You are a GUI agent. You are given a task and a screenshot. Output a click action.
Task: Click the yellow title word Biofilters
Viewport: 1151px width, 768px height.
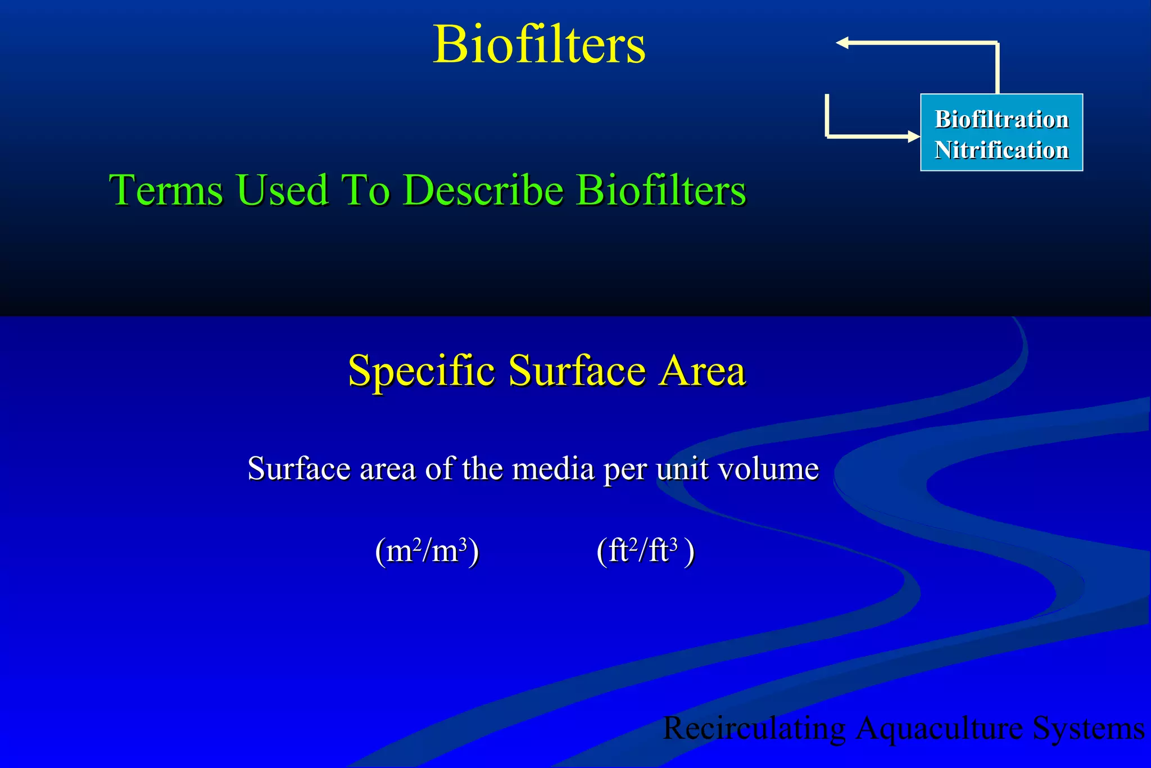539,44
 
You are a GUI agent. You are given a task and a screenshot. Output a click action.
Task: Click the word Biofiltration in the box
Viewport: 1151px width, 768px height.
1002,119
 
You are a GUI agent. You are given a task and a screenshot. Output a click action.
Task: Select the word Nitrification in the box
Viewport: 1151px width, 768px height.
1002,150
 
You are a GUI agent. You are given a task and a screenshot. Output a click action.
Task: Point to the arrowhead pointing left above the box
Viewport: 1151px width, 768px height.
842,43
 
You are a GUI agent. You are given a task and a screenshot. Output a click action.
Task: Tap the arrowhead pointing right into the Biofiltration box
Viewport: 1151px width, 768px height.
913,136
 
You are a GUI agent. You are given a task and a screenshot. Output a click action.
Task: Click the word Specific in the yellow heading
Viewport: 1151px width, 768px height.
422,372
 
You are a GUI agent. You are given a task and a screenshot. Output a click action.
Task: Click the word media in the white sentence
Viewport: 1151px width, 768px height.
553,468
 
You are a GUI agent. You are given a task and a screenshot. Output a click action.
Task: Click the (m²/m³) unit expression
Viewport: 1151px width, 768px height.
427,551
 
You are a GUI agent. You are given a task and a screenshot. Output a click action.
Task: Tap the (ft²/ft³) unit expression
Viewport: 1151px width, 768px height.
645,551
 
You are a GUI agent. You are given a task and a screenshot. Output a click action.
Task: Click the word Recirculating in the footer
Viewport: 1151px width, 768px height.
754,729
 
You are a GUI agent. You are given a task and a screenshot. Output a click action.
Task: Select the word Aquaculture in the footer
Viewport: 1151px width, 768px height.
939,729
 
